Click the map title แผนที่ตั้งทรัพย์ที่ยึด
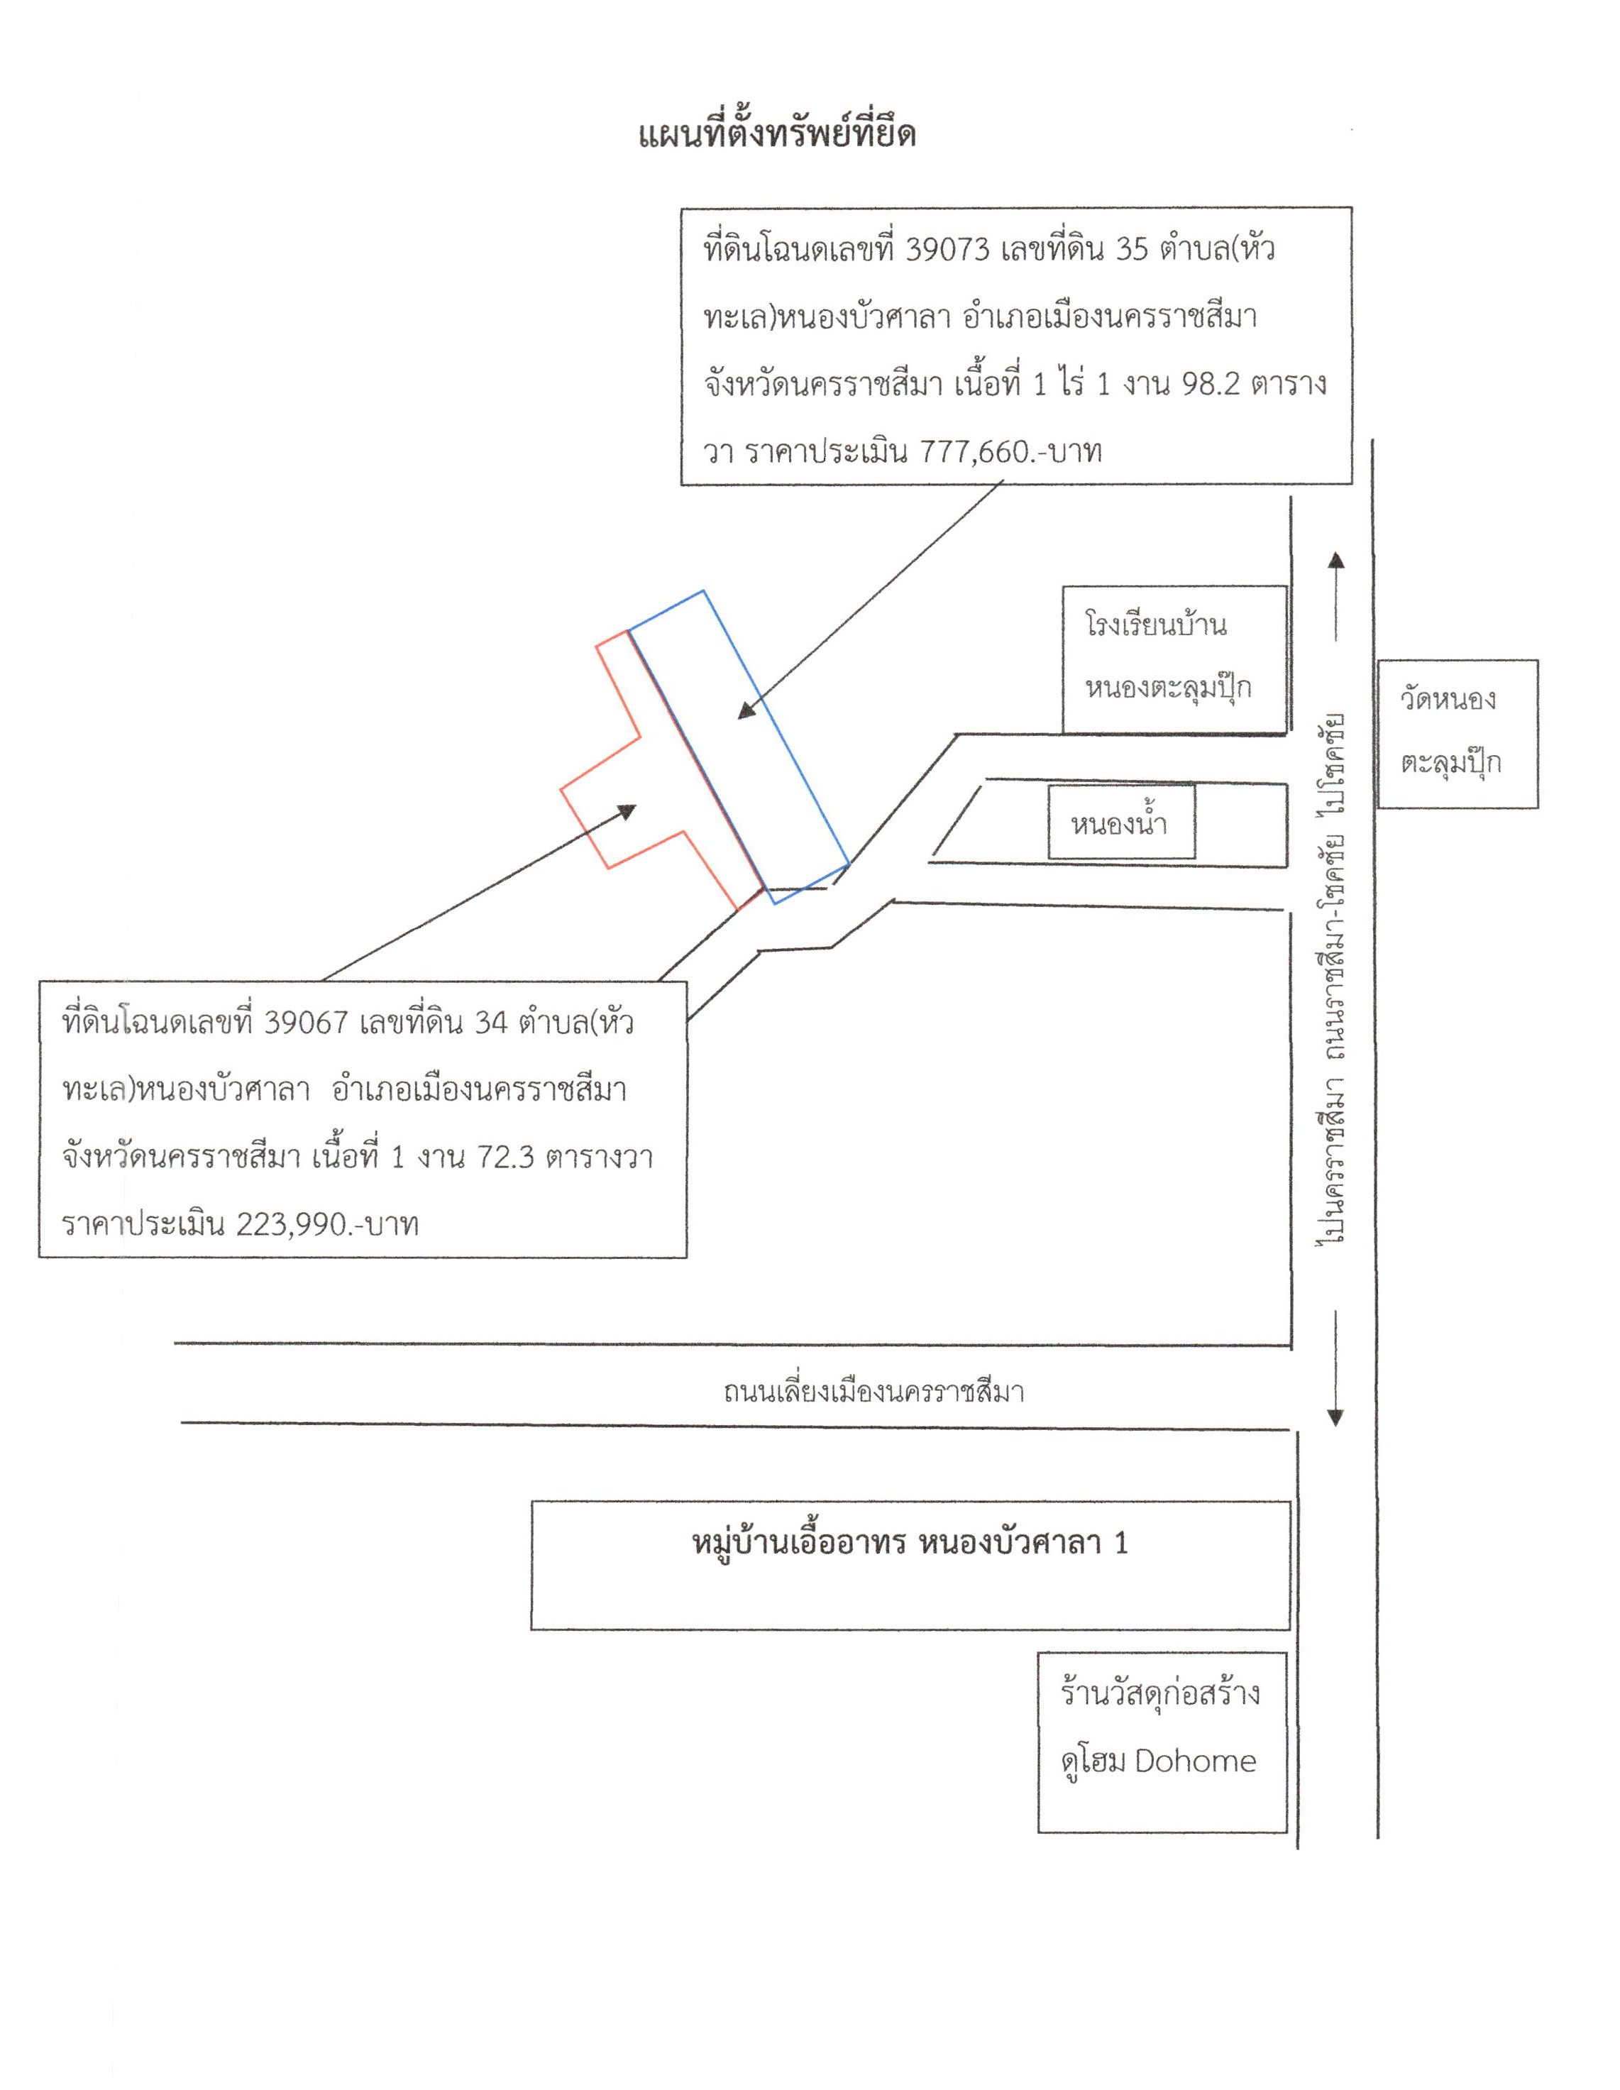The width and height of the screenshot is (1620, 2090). coord(777,135)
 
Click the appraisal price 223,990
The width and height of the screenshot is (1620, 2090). coord(289,1224)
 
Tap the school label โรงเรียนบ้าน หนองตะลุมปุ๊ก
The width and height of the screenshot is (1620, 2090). coord(1156,657)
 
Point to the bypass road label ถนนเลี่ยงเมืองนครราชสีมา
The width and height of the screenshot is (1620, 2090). coord(874,1390)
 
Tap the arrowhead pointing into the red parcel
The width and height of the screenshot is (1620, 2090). coord(627,811)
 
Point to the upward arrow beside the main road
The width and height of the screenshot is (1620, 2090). coord(1335,595)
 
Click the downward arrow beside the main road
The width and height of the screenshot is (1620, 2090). coord(1335,1368)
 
